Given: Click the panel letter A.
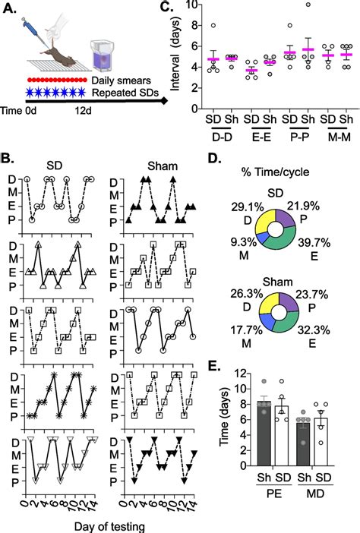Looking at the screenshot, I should [11, 9].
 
